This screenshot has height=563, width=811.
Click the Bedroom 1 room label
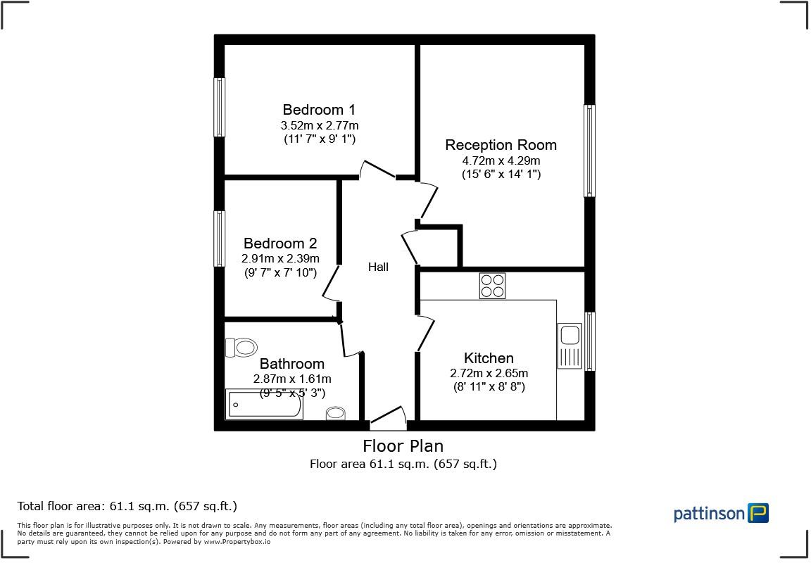319,110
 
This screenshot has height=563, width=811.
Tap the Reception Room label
501,145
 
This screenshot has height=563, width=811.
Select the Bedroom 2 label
280,243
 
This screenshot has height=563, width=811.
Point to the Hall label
378,267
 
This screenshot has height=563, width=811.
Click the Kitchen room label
489,358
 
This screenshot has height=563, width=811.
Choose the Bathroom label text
292,364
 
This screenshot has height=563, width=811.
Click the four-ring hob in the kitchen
492,286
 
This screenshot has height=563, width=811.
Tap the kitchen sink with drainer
569,346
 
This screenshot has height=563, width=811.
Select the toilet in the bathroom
241,347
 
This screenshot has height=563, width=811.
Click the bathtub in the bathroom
264,405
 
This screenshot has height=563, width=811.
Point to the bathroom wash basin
336,413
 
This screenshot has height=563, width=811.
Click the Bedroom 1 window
220,107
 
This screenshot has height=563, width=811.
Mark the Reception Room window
589,151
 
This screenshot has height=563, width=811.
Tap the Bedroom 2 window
220,239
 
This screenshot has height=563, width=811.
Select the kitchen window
590,341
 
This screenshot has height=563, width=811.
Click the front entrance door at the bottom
388,420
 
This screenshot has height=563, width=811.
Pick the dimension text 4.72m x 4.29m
501,160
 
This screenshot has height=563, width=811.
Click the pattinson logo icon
758,513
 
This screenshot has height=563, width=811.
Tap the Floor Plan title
403,445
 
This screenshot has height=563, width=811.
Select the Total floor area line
127,506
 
